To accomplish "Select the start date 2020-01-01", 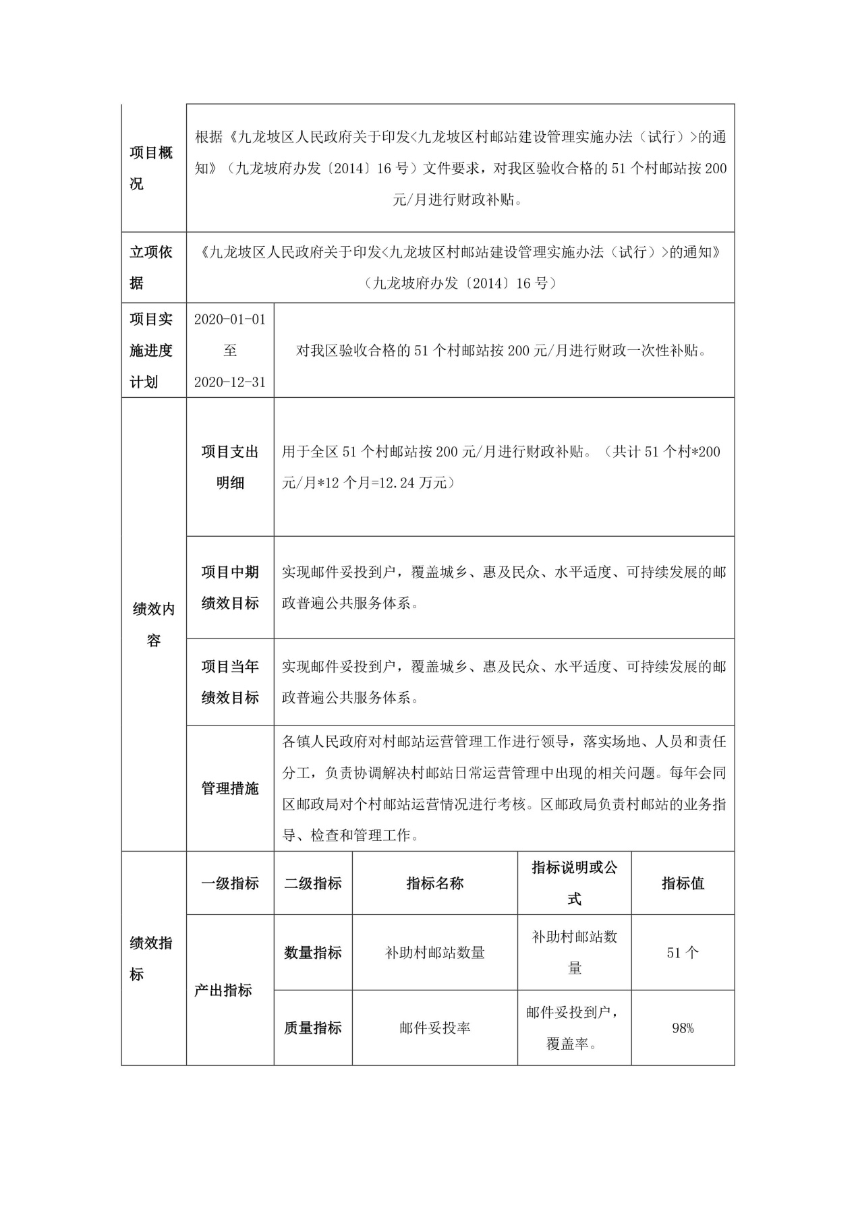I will pos(230,319).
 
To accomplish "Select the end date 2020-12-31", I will pos(230,382).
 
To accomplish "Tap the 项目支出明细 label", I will pos(230,467).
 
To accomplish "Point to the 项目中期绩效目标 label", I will pos(230,587).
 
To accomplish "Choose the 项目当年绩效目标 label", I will pos(230,682).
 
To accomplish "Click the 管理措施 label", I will pos(230,788).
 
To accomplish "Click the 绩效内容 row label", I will pos(154,624).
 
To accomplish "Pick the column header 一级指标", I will pos(230,883).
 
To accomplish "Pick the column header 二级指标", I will pos(313,883).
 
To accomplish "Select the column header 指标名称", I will pos(435,883).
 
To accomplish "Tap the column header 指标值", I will pos(683,883).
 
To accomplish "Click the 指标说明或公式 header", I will pos(574,883).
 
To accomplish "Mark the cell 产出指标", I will pos(223,991).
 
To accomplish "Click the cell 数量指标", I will pos(313,953).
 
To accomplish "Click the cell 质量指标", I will pos(313,1028).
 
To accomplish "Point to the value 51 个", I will pos(683,953).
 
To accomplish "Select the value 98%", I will pos(683,1028).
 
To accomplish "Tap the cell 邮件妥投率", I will pos(435,1028).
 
